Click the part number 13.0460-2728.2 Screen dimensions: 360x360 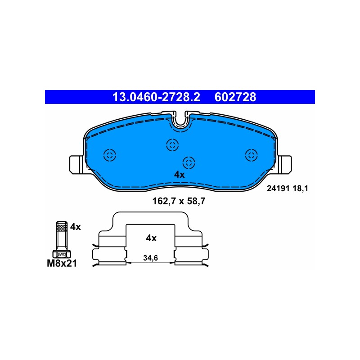[156, 97]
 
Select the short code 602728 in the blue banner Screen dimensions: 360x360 [235, 97]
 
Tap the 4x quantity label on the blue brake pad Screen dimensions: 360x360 [179, 175]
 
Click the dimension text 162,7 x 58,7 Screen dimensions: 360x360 [179, 201]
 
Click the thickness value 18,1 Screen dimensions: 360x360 [300, 189]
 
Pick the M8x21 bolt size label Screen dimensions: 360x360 [62, 263]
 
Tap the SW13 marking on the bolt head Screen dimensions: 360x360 [62, 254]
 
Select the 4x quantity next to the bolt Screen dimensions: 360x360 [76, 227]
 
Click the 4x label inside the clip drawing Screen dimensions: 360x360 [151, 238]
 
